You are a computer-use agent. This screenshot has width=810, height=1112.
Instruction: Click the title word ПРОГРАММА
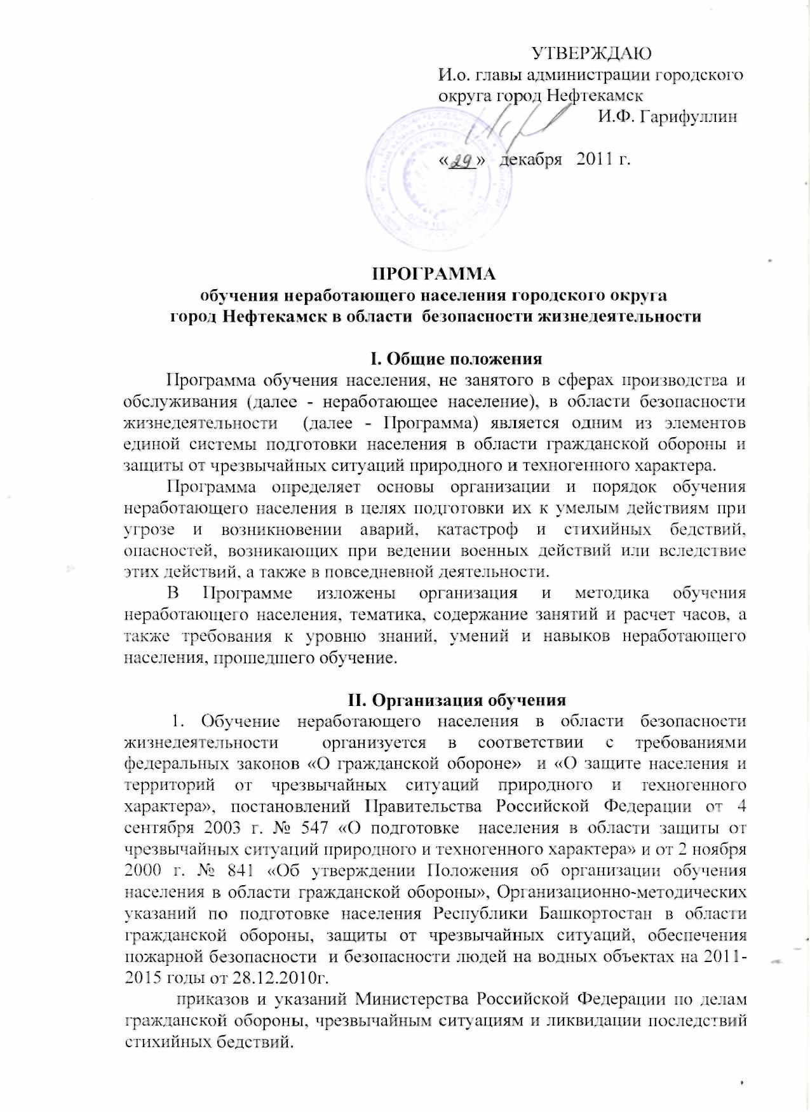click(433, 275)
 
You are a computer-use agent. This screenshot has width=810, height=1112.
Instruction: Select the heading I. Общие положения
click(456, 358)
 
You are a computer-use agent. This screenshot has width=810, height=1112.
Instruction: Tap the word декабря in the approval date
click(532, 158)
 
